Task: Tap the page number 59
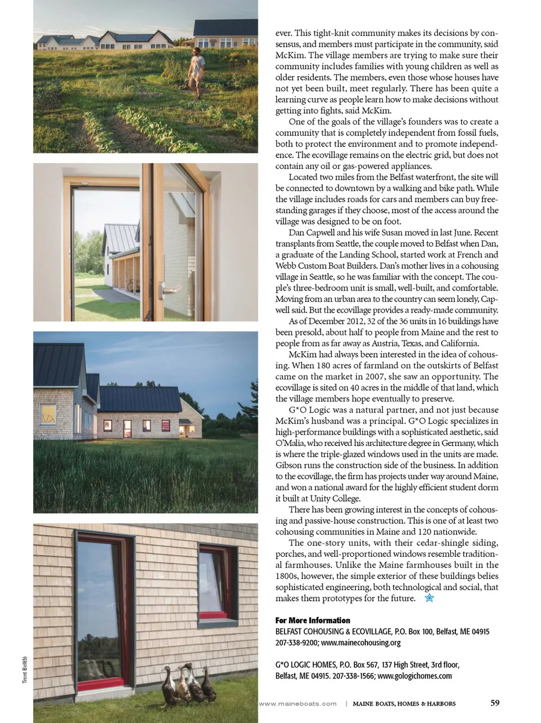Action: click(495, 702)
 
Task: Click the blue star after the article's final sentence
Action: click(429, 598)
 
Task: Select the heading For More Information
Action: click(313, 620)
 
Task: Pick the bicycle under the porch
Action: click(131, 284)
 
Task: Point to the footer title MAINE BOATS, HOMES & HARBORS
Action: click(404, 703)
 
